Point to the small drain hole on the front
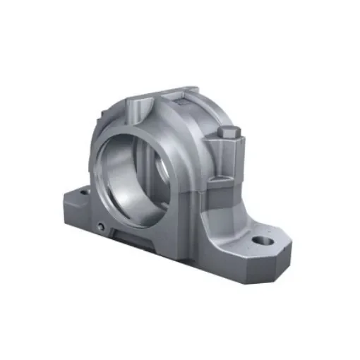[102, 227]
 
